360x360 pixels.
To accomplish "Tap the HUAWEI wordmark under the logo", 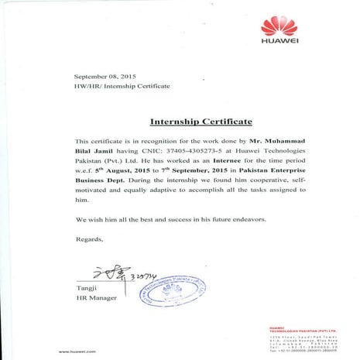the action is tap(279, 43).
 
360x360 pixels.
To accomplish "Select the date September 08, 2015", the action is tap(105, 77).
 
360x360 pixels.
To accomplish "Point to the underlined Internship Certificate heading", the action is tap(201, 122).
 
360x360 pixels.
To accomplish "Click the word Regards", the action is tap(90, 239).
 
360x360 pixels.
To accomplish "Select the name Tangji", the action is tap(85, 287).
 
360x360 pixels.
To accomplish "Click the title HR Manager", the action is tap(96, 297).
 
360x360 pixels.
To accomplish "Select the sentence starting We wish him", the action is tap(171, 219).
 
